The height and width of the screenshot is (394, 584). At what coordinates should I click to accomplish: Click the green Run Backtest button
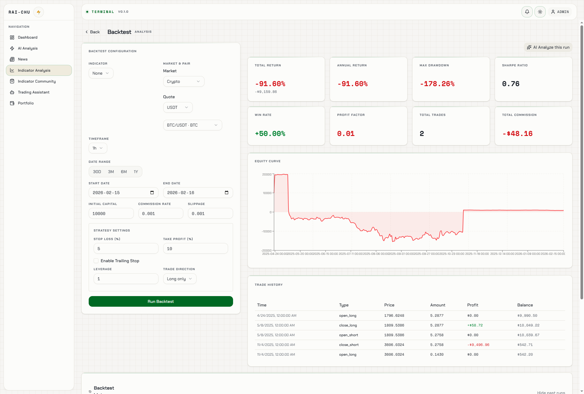pyautogui.click(x=161, y=301)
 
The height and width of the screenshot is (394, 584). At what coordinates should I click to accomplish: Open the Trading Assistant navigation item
pyautogui.click(x=34, y=92)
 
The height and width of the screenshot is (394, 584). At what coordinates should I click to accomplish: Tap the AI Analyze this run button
pyautogui.click(x=548, y=47)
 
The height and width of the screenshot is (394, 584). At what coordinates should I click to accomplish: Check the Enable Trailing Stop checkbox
pyautogui.click(x=96, y=261)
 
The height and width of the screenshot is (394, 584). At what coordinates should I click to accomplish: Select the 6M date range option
pyautogui.click(x=124, y=172)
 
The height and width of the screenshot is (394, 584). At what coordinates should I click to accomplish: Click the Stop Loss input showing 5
pyautogui.click(x=126, y=249)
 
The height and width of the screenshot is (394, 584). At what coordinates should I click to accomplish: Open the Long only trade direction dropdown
pyautogui.click(x=179, y=279)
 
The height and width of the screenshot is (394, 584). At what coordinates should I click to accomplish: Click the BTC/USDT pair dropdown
pyautogui.click(x=192, y=125)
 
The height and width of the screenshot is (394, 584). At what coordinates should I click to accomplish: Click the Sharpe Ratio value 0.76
pyautogui.click(x=511, y=84)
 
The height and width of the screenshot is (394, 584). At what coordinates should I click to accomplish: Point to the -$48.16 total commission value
pyautogui.click(x=517, y=134)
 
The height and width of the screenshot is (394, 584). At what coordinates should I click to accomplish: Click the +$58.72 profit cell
pyautogui.click(x=475, y=325)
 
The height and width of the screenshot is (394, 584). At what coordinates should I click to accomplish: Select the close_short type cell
pyautogui.click(x=349, y=345)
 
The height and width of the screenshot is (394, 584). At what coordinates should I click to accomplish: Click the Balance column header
pyautogui.click(x=525, y=305)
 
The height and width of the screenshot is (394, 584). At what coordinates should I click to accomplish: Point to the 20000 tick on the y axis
pyautogui.click(x=267, y=174)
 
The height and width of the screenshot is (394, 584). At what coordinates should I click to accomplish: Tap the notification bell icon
pyautogui.click(x=527, y=12)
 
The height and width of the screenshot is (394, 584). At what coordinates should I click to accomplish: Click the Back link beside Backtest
pyautogui.click(x=93, y=32)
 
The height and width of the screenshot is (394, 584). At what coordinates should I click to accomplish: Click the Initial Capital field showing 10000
pyautogui.click(x=111, y=214)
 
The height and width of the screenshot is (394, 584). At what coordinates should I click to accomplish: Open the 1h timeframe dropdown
pyautogui.click(x=98, y=148)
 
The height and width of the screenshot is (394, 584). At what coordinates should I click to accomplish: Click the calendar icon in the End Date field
pyautogui.click(x=227, y=193)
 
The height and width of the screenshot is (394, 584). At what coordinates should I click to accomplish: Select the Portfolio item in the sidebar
pyautogui.click(x=26, y=103)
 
